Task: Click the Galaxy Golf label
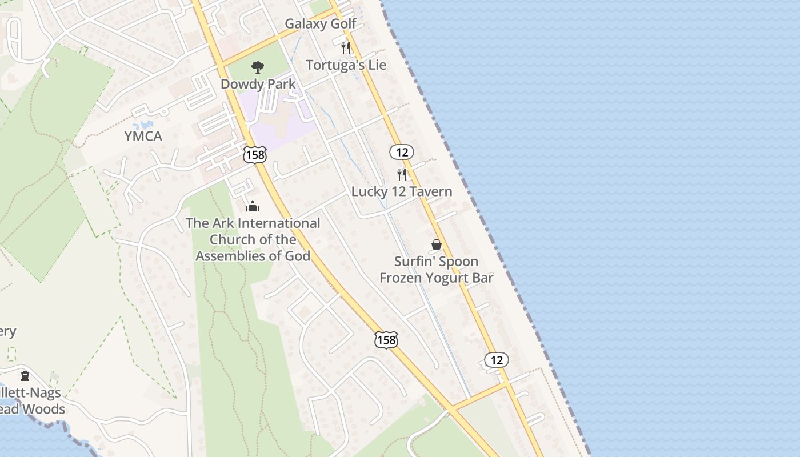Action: click(320, 24)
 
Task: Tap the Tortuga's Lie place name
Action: click(346, 65)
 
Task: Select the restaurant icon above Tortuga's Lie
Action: click(345, 47)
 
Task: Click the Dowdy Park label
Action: click(258, 84)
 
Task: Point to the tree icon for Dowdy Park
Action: click(258, 67)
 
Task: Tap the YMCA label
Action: click(143, 137)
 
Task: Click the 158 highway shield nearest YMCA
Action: click(254, 154)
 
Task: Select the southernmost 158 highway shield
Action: click(386, 340)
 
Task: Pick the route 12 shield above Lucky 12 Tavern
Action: click(402, 152)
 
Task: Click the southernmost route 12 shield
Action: click(496, 360)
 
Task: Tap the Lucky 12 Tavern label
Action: click(401, 192)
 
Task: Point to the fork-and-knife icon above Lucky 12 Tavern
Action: click(402, 175)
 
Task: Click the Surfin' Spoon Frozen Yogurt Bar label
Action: click(436, 270)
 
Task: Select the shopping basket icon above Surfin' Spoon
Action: click(437, 244)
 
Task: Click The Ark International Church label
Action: click(253, 239)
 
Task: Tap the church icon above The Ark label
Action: click(253, 206)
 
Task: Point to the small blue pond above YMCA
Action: click(143, 124)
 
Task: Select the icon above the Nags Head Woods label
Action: click(25, 376)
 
